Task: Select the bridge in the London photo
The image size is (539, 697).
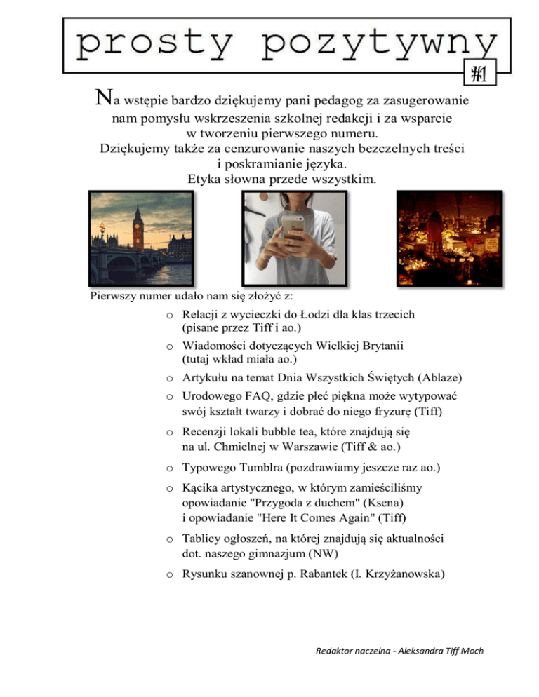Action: pyautogui.click(x=126, y=263)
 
